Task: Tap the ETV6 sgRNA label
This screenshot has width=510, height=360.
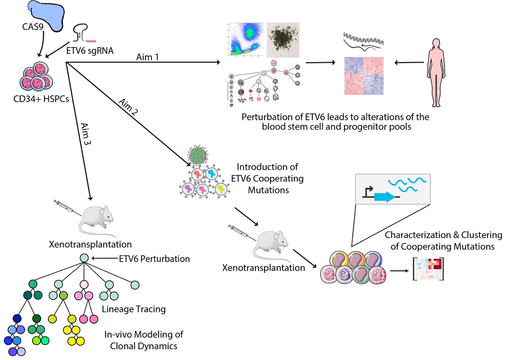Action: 90,50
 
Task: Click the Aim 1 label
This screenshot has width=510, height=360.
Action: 147,57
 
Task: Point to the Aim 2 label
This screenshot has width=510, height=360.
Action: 129,106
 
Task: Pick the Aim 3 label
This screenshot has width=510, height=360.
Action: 86,134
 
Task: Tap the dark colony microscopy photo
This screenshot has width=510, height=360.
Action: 283,39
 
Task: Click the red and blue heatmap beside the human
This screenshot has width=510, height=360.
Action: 364,76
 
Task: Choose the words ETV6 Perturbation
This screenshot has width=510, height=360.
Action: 154,258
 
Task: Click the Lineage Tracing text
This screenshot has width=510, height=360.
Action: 134,309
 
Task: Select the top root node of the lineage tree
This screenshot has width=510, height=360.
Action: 84,258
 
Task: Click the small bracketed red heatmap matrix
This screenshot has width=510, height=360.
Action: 428,269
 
